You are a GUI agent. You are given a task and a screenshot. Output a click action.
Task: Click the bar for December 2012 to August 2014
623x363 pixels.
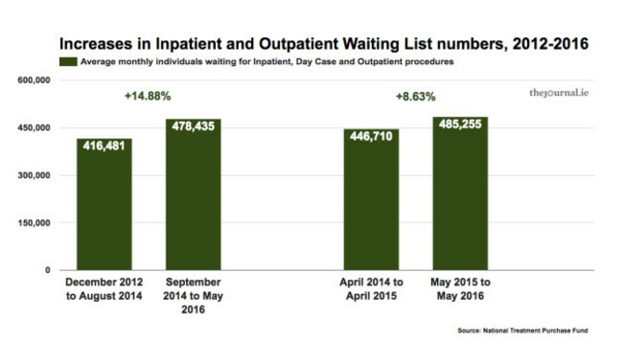point(104,205)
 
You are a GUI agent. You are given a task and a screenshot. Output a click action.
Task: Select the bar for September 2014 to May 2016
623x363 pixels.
point(194,195)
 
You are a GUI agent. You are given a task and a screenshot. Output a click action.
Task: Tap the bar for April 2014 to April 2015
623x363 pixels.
point(371,200)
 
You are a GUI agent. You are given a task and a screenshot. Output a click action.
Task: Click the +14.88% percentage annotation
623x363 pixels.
point(149,96)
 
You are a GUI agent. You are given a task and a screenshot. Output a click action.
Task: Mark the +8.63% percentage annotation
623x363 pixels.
point(416,97)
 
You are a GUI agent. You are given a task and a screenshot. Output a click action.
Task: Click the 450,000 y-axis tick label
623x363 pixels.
point(33,128)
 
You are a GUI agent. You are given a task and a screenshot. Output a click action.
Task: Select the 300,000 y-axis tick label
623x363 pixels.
point(33,176)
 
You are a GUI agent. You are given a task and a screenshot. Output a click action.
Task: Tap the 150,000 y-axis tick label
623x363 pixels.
point(33,223)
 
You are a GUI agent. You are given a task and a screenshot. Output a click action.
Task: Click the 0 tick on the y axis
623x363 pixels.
point(47,270)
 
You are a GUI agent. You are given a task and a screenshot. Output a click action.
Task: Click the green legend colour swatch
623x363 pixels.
point(67,61)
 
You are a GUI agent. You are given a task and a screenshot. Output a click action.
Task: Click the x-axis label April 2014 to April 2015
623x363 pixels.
point(371,289)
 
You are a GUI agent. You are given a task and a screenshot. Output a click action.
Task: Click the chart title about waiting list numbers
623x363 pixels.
point(311,44)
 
